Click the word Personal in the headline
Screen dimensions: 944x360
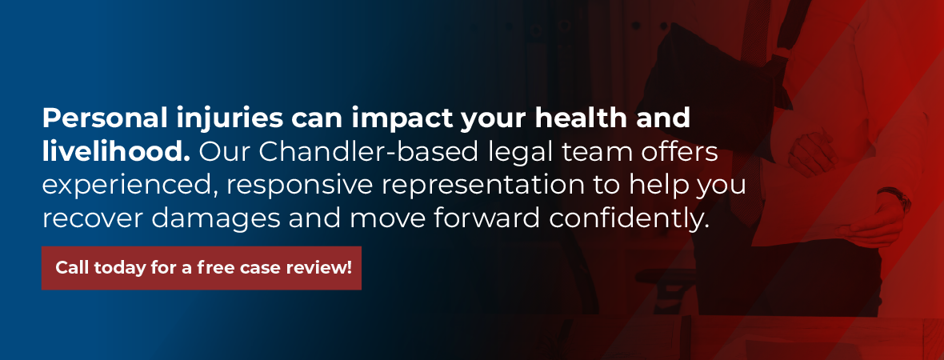click(x=101, y=118)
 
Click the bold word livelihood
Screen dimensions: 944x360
click(x=116, y=152)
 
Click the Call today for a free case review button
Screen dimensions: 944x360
click(x=202, y=268)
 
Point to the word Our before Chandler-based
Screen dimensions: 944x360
click(x=225, y=152)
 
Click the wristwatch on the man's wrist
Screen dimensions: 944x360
click(x=895, y=198)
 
